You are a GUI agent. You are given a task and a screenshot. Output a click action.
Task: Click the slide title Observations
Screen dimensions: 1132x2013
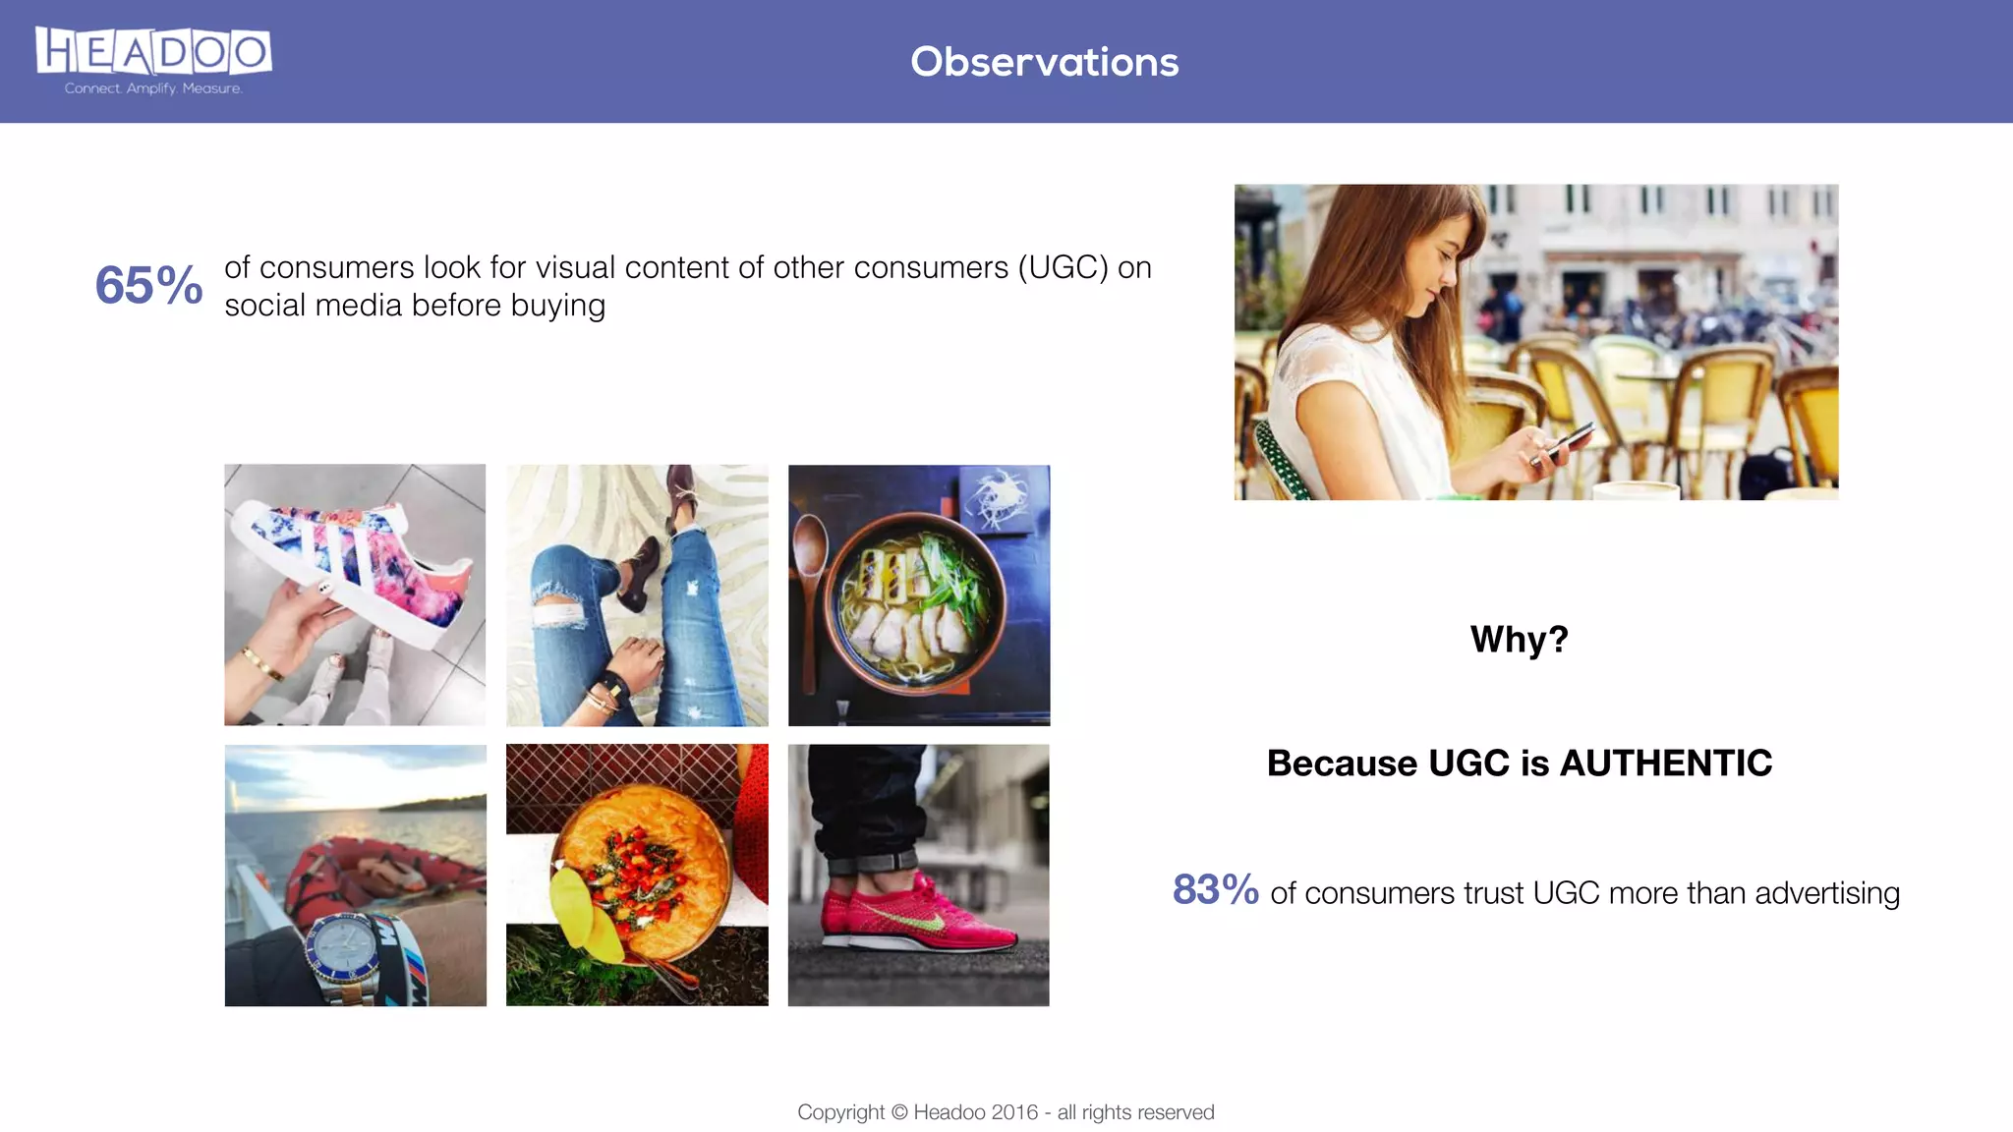tap(1044, 62)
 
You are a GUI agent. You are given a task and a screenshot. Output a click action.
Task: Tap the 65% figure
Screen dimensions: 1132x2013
tap(148, 286)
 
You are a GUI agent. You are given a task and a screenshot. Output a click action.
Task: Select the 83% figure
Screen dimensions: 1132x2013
tap(1215, 889)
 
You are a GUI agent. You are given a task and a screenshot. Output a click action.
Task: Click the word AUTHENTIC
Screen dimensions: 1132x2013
tap(1665, 764)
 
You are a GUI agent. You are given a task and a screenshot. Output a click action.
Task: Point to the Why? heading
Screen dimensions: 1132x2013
tap(1519, 640)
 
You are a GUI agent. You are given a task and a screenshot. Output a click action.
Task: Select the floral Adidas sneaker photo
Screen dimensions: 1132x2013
tap(355, 594)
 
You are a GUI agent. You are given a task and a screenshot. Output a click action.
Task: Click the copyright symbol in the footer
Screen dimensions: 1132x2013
tap(899, 1112)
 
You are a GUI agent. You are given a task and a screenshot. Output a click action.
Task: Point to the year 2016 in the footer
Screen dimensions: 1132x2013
tap(1014, 1112)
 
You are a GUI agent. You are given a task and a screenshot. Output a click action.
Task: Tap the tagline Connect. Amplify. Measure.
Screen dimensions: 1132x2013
tap(153, 88)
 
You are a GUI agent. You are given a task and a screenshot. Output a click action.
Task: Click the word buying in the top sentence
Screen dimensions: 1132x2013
tap(557, 306)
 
